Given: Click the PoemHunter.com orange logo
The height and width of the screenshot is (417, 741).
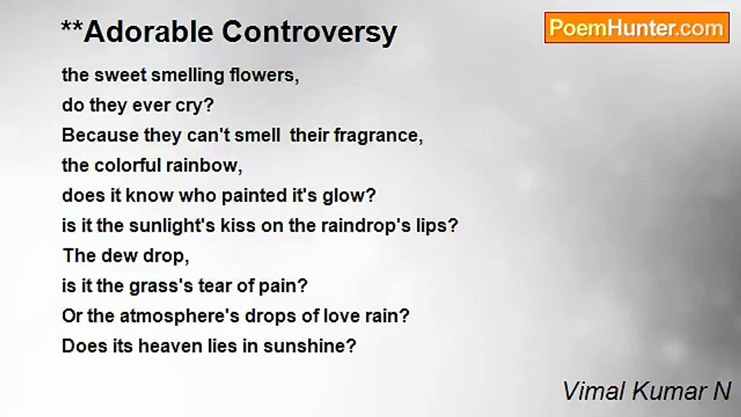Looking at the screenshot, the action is (x=637, y=28).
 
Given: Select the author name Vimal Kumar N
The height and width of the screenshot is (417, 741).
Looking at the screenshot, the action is (x=647, y=392).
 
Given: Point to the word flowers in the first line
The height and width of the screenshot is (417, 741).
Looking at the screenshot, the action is (x=264, y=75).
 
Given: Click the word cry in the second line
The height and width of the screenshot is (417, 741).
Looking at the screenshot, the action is (x=196, y=107).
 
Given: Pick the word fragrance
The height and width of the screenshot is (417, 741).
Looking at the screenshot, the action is (x=379, y=136).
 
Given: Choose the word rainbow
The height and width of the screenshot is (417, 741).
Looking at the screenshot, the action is (x=204, y=166).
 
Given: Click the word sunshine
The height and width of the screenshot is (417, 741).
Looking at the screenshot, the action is (x=310, y=346).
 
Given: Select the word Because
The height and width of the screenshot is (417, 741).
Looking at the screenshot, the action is (x=100, y=136).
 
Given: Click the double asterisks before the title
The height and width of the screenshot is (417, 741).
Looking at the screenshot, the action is (x=72, y=27).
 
